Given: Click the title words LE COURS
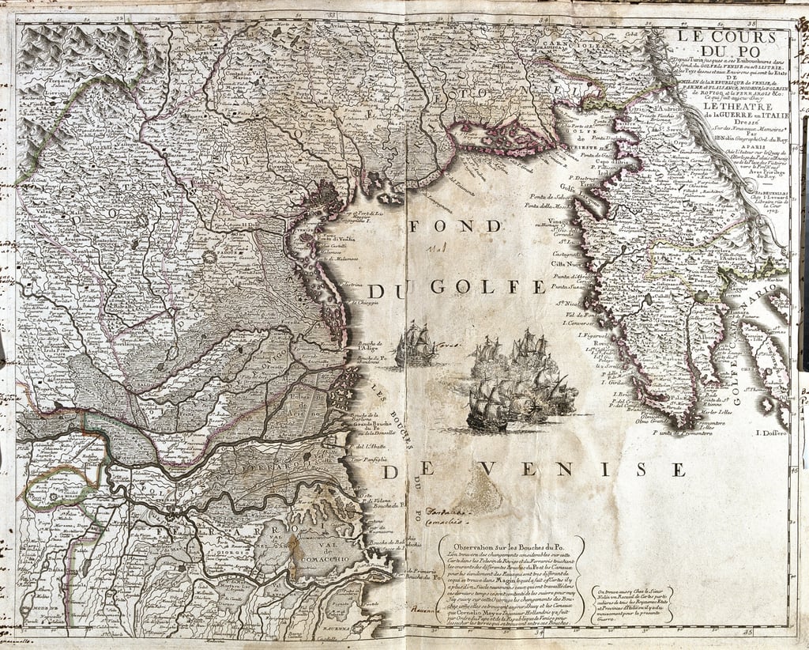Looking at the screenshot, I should click(728, 36).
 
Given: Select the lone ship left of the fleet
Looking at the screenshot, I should click(416, 345).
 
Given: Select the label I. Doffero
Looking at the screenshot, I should click(768, 432).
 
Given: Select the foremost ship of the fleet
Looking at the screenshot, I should click(487, 407).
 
